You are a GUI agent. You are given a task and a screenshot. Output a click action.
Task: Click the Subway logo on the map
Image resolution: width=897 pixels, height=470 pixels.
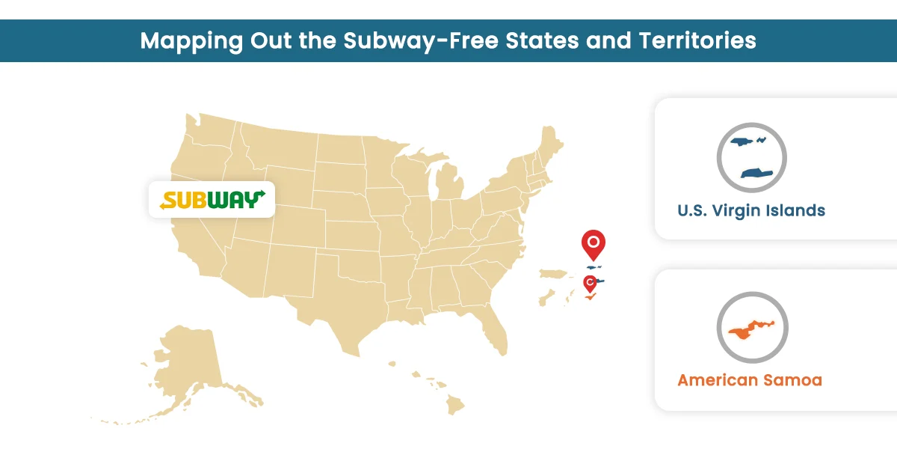click(x=212, y=200)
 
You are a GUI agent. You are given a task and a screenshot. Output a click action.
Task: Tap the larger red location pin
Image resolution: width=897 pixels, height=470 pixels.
click(x=593, y=243)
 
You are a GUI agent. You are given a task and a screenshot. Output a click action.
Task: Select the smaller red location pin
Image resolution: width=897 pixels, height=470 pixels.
click(x=590, y=283)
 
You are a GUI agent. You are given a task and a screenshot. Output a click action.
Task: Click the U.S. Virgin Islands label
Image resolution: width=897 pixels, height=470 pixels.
click(x=751, y=210)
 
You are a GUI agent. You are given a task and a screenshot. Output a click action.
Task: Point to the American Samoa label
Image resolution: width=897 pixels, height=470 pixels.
click(x=750, y=380)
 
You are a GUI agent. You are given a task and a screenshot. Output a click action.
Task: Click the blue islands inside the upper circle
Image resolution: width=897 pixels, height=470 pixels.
click(x=751, y=157)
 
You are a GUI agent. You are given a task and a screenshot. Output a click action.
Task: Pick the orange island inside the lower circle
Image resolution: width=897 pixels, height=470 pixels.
click(x=750, y=329)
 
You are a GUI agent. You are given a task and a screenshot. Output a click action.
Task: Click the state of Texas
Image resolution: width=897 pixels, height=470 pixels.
click(x=348, y=307)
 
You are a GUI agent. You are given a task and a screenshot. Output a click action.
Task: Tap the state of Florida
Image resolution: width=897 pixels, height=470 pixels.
click(x=496, y=329)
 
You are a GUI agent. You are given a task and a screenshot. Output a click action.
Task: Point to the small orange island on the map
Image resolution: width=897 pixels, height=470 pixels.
click(x=591, y=298)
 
